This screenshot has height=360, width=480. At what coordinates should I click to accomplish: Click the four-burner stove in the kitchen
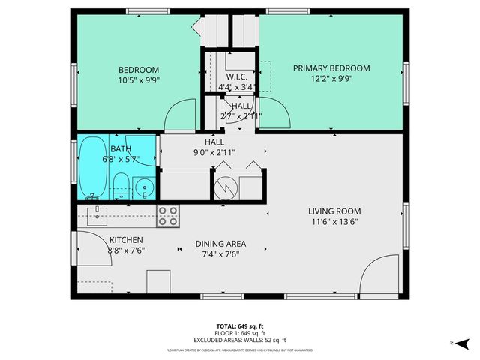click(168, 216)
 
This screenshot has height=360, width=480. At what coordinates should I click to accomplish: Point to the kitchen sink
click(97, 217)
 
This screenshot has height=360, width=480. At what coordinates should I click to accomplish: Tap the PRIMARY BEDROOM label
click(331, 68)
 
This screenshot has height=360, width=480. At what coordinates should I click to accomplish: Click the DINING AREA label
click(220, 244)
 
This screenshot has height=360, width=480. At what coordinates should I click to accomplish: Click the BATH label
click(121, 149)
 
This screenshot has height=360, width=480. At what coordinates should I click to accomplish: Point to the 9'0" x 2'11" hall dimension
click(214, 152)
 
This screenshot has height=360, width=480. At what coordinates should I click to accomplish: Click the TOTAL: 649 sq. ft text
click(240, 326)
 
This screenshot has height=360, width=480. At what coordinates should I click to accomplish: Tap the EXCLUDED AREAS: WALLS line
click(240, 338)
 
